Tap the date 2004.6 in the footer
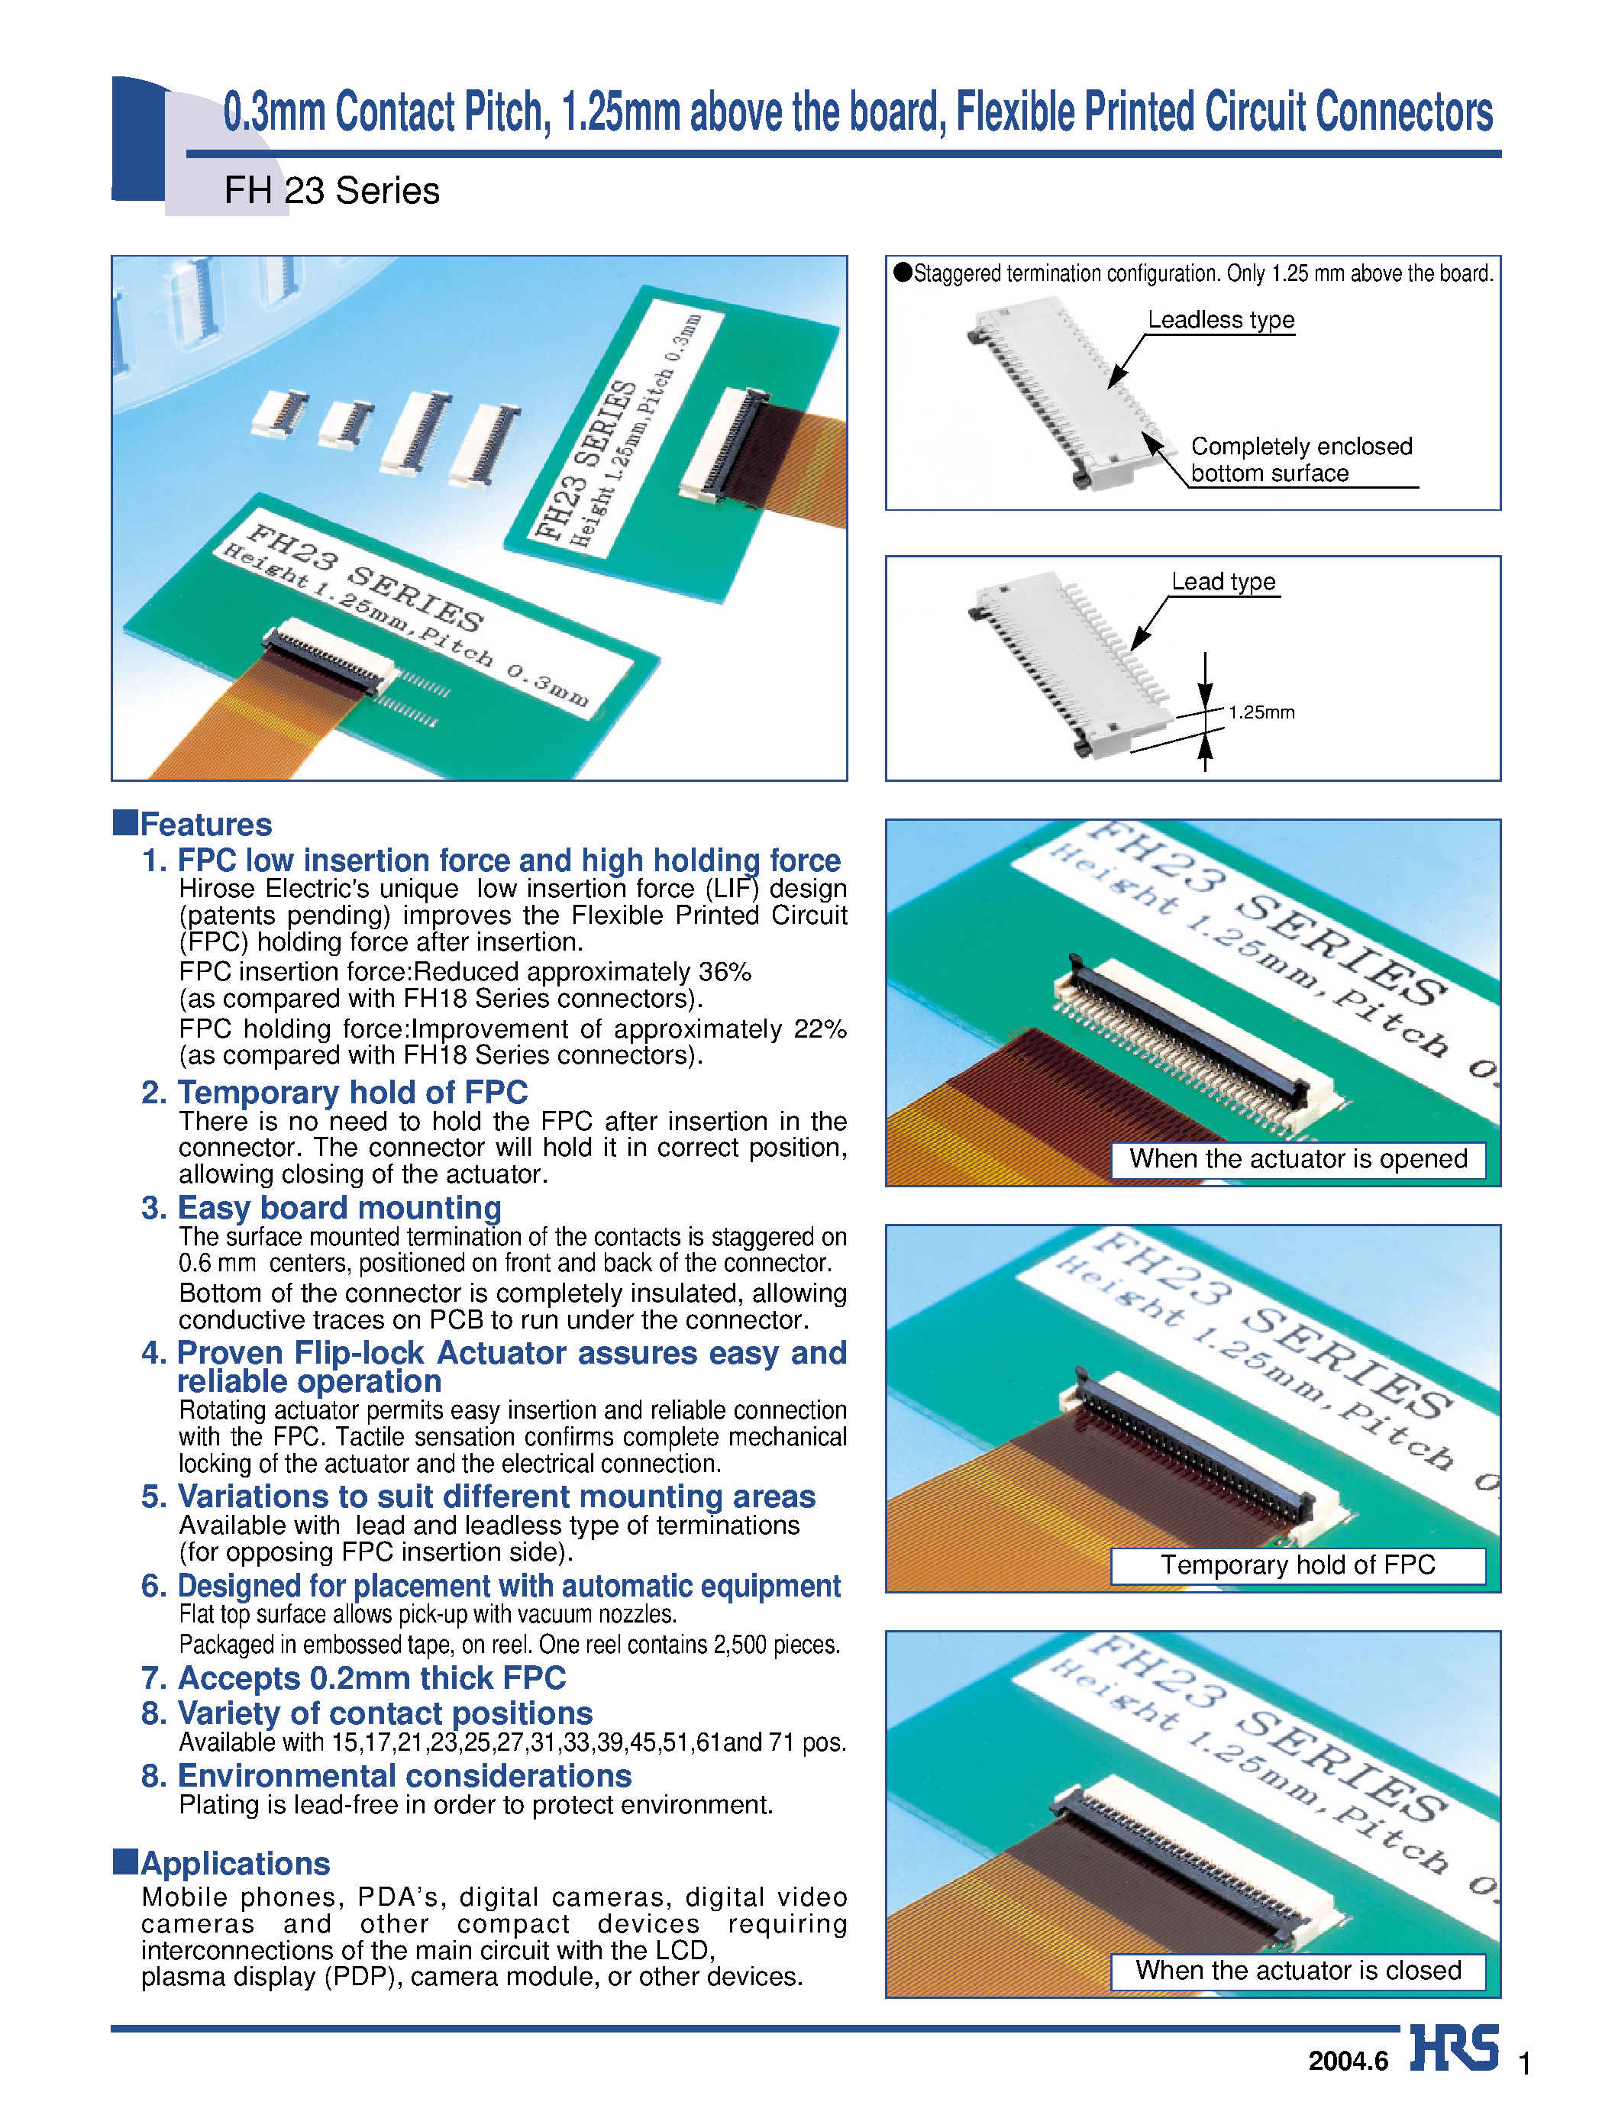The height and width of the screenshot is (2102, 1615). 1348,2061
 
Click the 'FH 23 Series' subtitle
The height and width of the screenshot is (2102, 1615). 331,192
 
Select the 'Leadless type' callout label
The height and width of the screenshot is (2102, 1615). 1221,320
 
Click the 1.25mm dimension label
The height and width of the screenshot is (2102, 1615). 1261,712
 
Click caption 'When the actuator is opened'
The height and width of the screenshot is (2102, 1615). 1298,1159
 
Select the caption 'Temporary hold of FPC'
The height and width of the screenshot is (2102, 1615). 1298,1564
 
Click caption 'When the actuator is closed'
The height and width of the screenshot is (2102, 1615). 1298,1971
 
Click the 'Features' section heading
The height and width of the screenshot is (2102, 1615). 205,825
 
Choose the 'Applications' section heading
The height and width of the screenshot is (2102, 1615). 234,1864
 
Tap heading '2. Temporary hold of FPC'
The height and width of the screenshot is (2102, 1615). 334,1093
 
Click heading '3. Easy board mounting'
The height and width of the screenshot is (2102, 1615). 321,1208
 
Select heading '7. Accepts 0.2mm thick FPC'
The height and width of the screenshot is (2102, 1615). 354,1678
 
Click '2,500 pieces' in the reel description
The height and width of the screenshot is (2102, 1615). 776,1645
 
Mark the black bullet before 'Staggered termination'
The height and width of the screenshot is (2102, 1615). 903,272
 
